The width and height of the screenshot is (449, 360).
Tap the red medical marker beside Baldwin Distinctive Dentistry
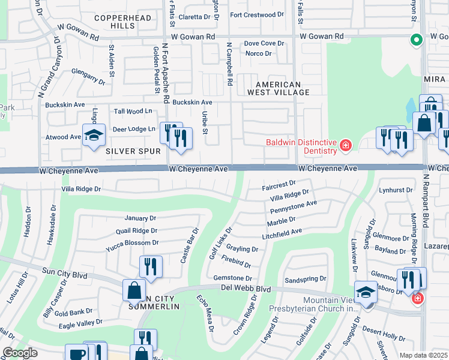345,145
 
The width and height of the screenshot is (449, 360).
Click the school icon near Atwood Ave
94,136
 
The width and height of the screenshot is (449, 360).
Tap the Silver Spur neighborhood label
126,152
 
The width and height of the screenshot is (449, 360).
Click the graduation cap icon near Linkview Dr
365,292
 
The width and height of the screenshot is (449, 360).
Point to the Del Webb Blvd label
246,289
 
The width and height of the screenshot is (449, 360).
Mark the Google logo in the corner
20,353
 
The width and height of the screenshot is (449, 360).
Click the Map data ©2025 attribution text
423,355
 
